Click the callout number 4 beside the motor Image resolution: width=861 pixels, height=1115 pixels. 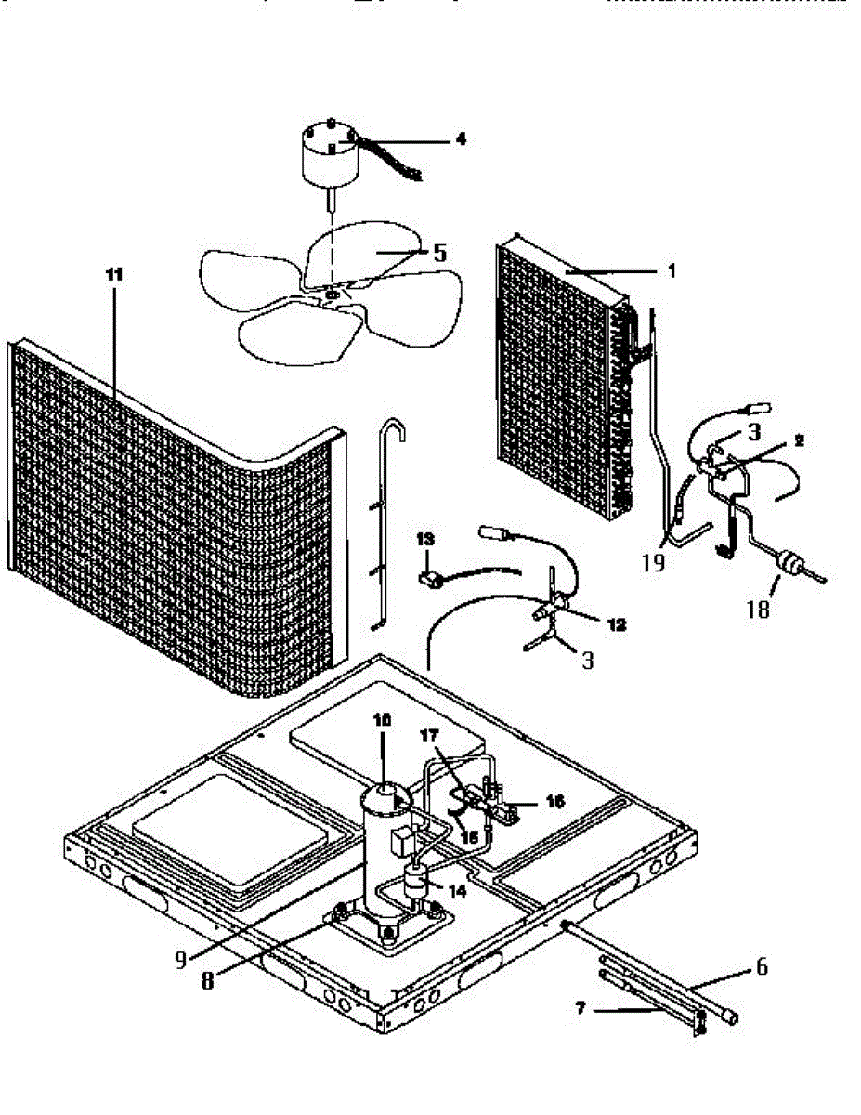460,140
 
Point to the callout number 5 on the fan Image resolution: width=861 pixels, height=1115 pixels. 439,253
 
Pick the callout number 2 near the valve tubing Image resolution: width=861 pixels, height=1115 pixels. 798,440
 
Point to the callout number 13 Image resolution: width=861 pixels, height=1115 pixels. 424,539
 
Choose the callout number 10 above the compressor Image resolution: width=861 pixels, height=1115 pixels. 384,720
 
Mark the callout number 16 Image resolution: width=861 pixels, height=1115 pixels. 554,801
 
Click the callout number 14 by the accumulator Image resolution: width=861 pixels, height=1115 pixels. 455,890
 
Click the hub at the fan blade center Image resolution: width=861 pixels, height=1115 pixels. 332,295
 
